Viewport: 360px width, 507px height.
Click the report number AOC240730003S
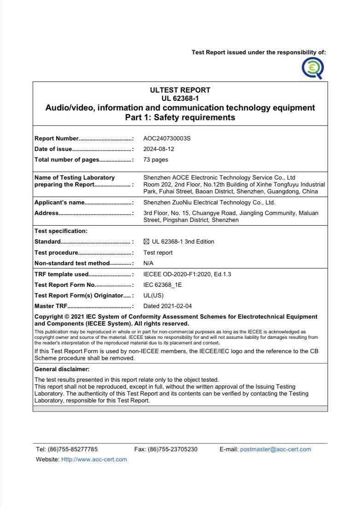(x=167, y=138)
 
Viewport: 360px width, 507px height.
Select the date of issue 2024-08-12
(x=159, y=149)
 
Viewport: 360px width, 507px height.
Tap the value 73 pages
(x=156, y=160)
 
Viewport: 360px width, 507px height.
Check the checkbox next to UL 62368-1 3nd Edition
(x=146, y=242)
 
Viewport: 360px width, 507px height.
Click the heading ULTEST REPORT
(x=180, y=90)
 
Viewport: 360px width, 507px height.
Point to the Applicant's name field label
(x=60, y=203)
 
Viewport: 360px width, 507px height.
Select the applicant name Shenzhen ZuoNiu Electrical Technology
(x=209, y=203)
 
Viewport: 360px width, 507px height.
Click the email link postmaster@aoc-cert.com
(x=275, y=449)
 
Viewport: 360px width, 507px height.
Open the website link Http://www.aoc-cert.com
(x=94, y=460)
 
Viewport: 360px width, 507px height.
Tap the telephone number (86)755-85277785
(x=72, y=449)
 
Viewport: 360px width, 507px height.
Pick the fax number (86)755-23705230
(x=173, y=449)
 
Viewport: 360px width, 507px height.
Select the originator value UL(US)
(x=153, y=295)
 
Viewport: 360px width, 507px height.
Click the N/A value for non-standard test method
(x=148, y=263)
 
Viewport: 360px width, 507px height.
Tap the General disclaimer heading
(x=62, y=369)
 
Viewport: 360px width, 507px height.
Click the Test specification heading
(x=61, y=231)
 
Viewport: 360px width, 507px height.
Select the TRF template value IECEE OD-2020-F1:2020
(x=187, y=274)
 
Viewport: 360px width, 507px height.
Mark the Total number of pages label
(x=67, y=160)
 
